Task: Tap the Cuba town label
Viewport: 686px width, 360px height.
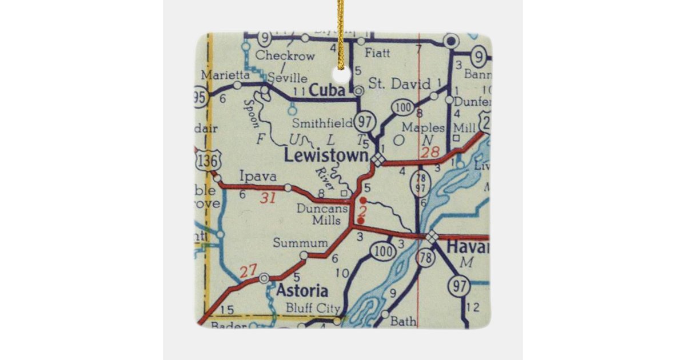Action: [328, 91]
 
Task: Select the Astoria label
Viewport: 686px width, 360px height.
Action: [302, 290]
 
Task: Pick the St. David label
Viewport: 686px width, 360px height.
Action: [400, 84]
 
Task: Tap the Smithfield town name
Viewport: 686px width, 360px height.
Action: [322, 123]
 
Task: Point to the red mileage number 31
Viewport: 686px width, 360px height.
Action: [268, 198]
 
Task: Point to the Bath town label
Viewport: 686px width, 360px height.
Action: [403, 321]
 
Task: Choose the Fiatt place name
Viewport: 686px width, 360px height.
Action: [377, 53]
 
